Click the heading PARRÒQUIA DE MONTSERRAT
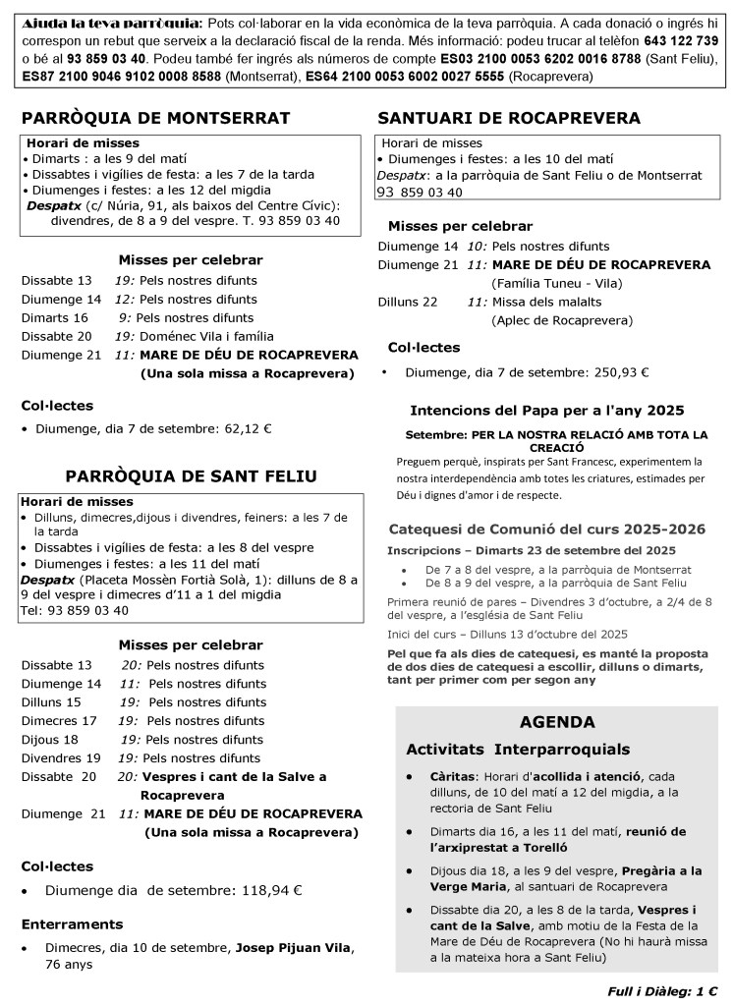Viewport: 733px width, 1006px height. coord(155,118)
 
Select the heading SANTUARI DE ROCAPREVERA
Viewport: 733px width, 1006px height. coord(509,118)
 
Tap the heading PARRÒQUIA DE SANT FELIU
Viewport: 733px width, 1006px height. coord(191,476)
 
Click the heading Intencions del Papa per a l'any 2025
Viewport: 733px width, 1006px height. coord(546,410)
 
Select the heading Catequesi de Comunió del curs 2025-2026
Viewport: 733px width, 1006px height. coord(546,529)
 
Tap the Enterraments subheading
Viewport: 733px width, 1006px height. coord(73,923)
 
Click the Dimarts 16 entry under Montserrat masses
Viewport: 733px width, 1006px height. coord(55,317)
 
